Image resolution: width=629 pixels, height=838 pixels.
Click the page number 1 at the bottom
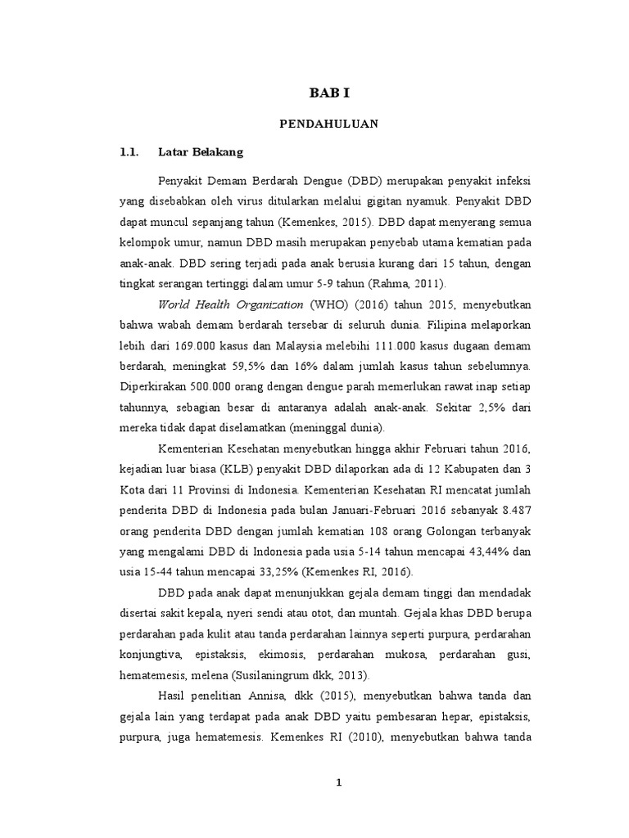[x=339, y=783]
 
